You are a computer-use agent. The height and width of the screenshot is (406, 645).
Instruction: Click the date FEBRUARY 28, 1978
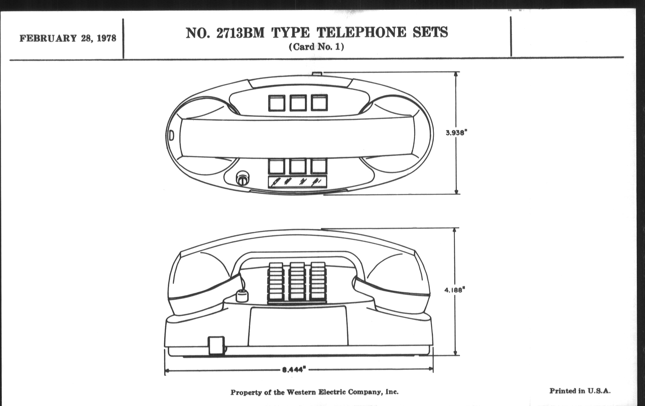68,38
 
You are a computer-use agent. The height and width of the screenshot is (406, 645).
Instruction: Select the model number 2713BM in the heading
240,33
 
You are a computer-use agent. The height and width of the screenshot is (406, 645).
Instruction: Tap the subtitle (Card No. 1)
316,47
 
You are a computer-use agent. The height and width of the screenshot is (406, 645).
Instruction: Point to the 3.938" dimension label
456,133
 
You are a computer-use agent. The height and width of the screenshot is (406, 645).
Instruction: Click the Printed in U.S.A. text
580,391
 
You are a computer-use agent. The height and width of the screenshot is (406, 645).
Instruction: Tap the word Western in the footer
301,392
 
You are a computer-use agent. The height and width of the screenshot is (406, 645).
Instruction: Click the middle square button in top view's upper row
298,103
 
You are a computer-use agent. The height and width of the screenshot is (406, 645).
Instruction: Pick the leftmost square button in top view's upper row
277,103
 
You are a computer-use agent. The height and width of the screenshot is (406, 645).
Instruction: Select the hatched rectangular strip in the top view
297,182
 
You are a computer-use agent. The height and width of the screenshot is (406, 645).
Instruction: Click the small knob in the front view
242,296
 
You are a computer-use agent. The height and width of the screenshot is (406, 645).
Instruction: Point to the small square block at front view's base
216,345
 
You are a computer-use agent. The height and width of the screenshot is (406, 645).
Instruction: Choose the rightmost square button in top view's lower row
319,166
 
